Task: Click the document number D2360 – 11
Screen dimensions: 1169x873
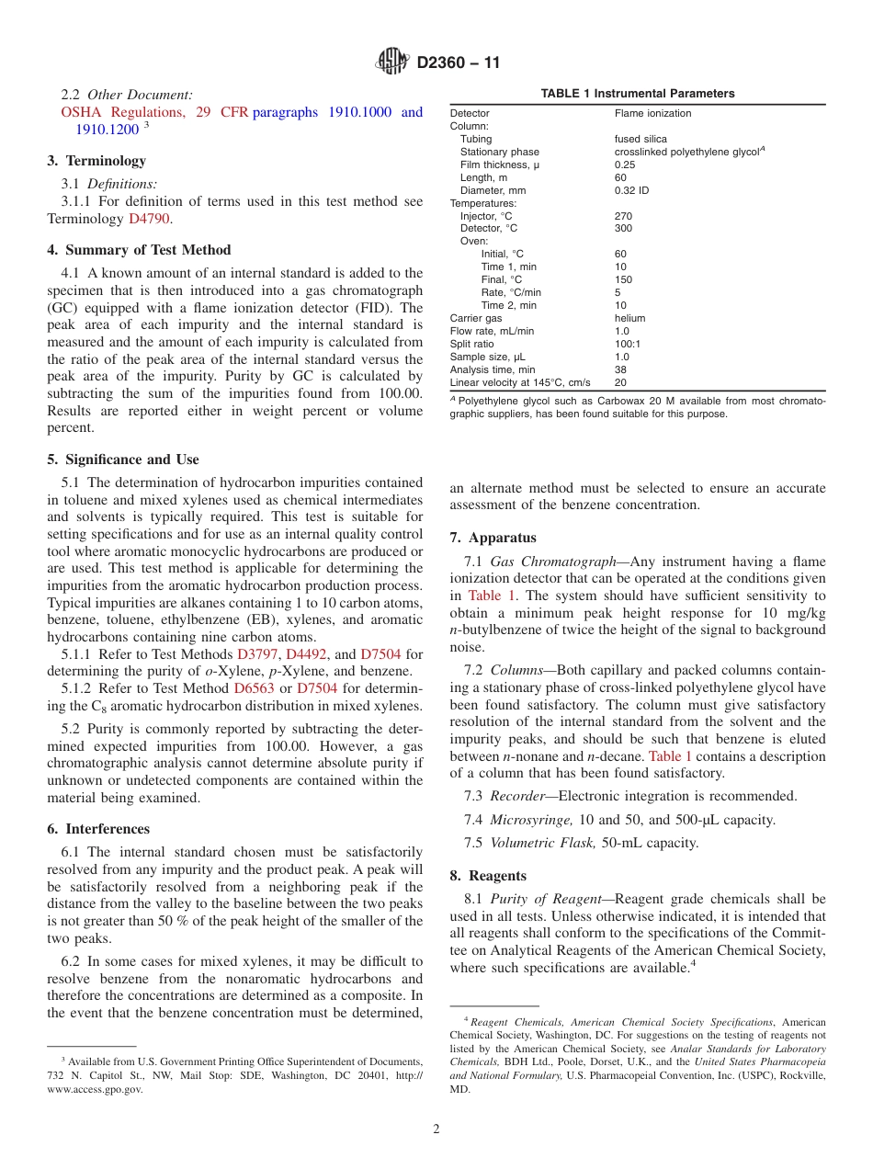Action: pyautogui.click(x=459, y=63)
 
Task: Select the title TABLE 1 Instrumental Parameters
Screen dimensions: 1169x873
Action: pyautogui.click(x=637, y=94)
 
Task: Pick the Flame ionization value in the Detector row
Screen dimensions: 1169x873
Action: pyautogui.click(x=652, y=113)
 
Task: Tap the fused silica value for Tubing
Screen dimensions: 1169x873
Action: pyautogui.click(x=641, y=139)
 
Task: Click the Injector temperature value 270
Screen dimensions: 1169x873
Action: pyautogui.click(x=623, y=216)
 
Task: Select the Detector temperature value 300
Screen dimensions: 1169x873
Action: pyautogui.click(x=623, y=229)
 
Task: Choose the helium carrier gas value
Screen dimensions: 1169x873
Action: pyautogui.click(x=629, y=318)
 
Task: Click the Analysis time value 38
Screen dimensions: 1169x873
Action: pyautogui.click(x=620, y=369)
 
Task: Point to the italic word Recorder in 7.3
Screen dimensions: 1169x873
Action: pyautogui.click(x=517, y=796)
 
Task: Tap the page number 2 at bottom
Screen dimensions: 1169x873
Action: pyautogui.click(x=436, y=1129)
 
